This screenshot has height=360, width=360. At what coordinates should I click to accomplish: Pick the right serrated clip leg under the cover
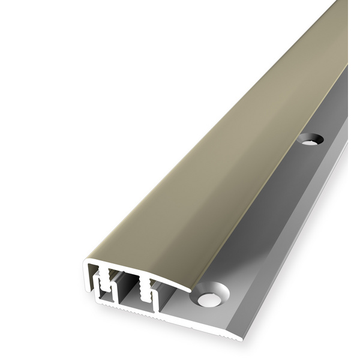pyautogui.click(x=144, y=289)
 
